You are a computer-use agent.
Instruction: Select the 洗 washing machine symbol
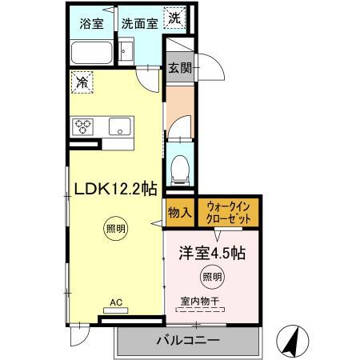(174, 17)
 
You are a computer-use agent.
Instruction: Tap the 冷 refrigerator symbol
(81, 82)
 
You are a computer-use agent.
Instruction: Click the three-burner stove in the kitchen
(84, 126)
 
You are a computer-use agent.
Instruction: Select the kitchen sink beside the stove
(120, 126)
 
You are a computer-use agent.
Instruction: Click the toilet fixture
(180, 169)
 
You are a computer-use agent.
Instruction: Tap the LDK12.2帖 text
(115, 189)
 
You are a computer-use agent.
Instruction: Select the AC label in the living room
(115, 303)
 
